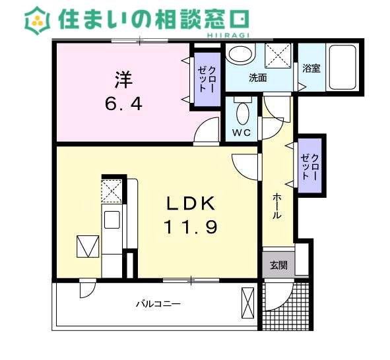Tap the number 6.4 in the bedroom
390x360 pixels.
[123, 104]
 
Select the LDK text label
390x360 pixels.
[191, 203]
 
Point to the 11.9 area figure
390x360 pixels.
[191, 227]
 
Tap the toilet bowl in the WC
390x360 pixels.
[242, 113]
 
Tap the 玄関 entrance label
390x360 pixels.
[278, 265]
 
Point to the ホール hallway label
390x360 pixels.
[277, 207]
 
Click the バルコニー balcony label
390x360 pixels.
[158, 304]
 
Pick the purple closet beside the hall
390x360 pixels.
[311, 165]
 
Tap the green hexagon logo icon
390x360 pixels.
[38, 20]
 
